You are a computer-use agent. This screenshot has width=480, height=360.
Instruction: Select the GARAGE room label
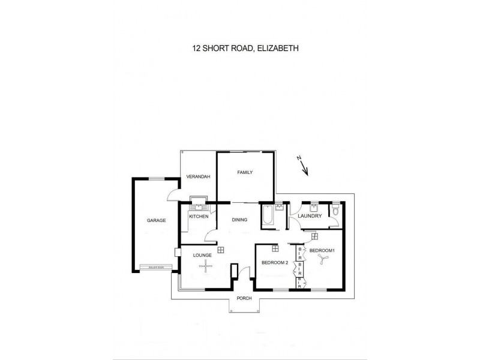pyautogui.click(x=156, y=220)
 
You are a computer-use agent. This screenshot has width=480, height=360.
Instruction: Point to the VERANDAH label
pyautogui.click(x=198, y=176)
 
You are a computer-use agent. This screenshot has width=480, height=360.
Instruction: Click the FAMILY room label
pyautogui.click(x=245, y=172)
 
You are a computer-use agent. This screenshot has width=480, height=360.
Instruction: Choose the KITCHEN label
pyautogui.click(x=199, y=216)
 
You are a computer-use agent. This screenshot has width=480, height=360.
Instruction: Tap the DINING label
pyautogui.click(x=240, y=220)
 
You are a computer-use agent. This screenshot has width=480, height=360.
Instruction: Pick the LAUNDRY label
pyautogui.click(x=310, y=216)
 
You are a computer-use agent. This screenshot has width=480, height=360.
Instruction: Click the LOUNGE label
pyautogui.click(x=202, y=255)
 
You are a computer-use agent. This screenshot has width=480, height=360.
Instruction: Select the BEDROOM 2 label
pyautogui.click(x=275, y=262)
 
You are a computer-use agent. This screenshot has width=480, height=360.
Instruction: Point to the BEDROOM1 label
pyautogui.click(x=322, y=250)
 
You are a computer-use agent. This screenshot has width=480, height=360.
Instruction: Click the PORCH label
pyautogui.click(x=244, y=299)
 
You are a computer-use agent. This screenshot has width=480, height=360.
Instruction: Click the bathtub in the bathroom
pyautogui.click(x=268, y=216)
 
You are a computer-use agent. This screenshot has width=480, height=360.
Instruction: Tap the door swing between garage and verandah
pyautogui.click(x=173, y=193)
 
